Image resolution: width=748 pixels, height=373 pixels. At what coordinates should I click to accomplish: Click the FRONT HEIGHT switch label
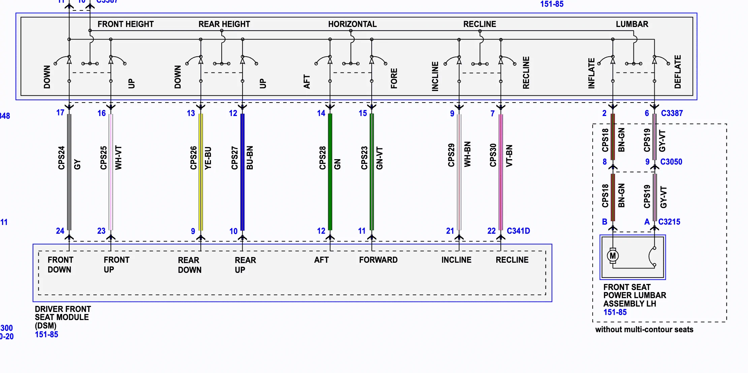point(125,24)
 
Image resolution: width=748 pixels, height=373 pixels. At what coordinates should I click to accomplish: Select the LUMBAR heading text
point(632,24)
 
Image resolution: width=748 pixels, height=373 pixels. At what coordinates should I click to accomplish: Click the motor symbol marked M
point(613,256)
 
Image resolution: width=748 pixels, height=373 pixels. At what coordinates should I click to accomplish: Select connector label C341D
point(518,231)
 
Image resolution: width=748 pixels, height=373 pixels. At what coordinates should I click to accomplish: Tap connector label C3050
point(671,162)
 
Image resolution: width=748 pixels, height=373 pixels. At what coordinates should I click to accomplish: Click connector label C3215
point(669,222)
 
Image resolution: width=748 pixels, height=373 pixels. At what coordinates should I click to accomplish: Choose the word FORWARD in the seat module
point(378,260)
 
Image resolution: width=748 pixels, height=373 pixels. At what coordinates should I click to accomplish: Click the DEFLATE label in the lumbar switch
point(678,72)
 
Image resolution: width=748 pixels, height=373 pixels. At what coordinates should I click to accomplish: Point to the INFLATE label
point(591,74)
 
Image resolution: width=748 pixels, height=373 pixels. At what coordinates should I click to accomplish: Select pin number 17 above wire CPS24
point(60,113)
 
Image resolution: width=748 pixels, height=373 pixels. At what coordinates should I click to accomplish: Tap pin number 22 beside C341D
point(491,231)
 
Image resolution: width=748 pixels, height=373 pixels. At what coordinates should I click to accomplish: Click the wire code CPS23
point(364,158)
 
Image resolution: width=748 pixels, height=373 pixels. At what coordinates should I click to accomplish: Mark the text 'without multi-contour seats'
point(644,329)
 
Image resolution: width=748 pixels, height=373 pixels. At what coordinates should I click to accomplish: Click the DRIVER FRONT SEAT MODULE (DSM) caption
point(63,317)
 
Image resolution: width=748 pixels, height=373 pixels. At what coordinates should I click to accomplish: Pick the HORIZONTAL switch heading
point(352,24)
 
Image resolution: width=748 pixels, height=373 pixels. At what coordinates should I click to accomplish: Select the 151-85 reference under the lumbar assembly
point(615,312)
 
